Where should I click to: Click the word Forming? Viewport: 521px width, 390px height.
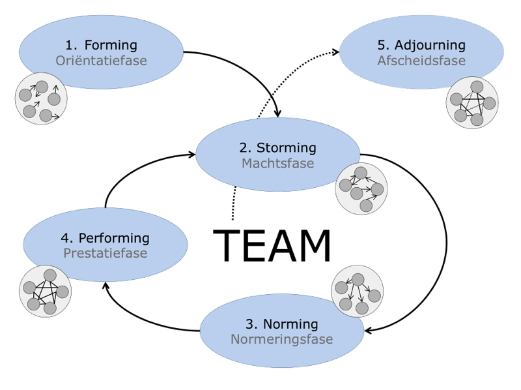pos(111,46)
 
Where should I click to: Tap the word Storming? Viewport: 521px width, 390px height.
pos(286,147)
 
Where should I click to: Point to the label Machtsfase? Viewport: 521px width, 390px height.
pos(278,163)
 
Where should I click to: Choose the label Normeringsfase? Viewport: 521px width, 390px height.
pos(281,340)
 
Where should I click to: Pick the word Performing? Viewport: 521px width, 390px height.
pos(114,238)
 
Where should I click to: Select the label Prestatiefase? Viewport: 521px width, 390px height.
pos(106,253)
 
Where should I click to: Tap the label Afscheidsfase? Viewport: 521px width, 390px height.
pos(421,61)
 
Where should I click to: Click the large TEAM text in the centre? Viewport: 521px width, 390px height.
pos(272,247)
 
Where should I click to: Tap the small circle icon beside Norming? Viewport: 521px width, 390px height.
pos(357,290)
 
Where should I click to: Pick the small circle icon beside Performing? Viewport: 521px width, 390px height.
pos(45,291)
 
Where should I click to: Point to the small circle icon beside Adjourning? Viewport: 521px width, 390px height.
pos(472,103)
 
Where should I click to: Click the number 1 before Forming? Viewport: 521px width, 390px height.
pos(70,46)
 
